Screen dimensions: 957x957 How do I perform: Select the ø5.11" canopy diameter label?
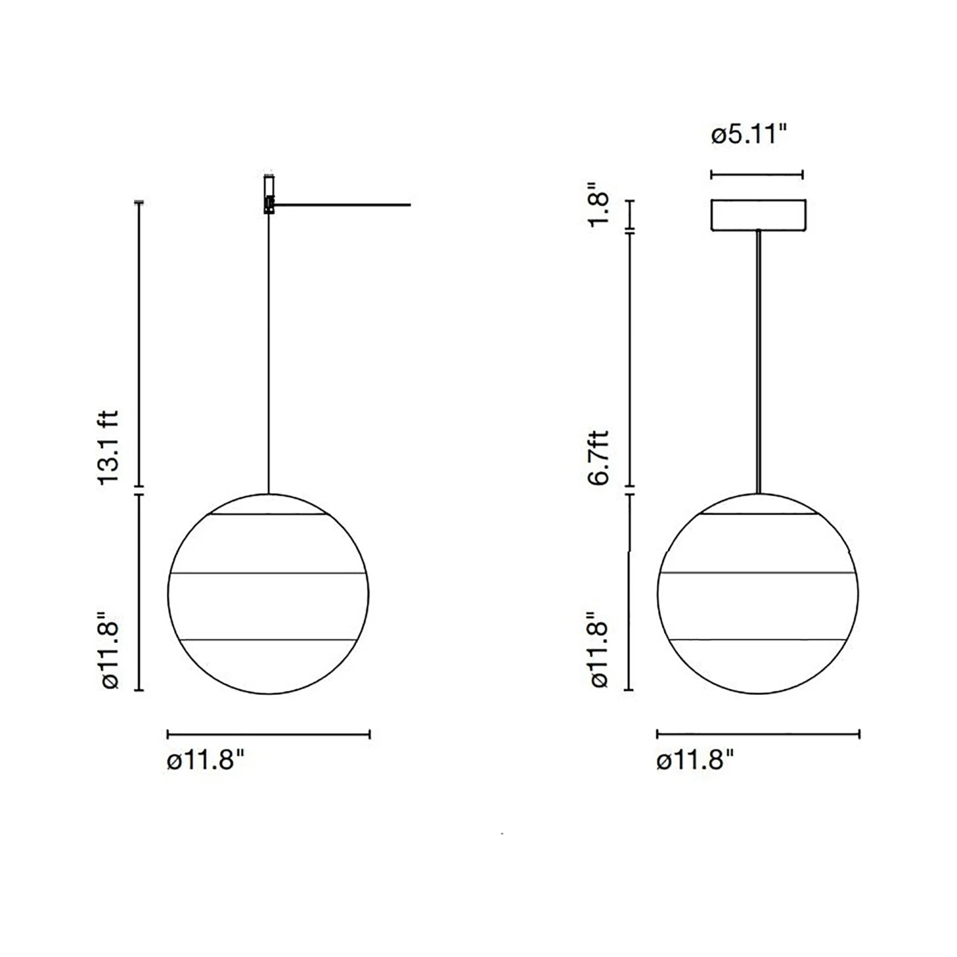click(x=750, y=135)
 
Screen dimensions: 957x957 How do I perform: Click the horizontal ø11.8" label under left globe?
click(x=205, y=760)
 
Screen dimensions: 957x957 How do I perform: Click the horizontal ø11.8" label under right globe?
click(x=695, y=760)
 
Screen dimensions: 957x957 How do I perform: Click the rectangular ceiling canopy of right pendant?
click(x=759, y=214)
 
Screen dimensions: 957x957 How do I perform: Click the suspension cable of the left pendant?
click(x=269, y=351)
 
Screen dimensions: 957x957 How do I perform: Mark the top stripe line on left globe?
click(x=268, y=514)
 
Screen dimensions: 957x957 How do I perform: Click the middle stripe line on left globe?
click(x=268, y=574)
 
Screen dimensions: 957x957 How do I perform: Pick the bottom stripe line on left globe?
click(x=268, y=639)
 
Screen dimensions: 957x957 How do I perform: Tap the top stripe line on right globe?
click(x=758, y=513)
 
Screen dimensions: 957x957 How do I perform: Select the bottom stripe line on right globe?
click(x=758, y=639)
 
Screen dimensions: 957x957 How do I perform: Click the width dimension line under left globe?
click(x=268, y=734)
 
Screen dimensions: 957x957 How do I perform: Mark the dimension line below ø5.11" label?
click(x=757, y=174)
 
